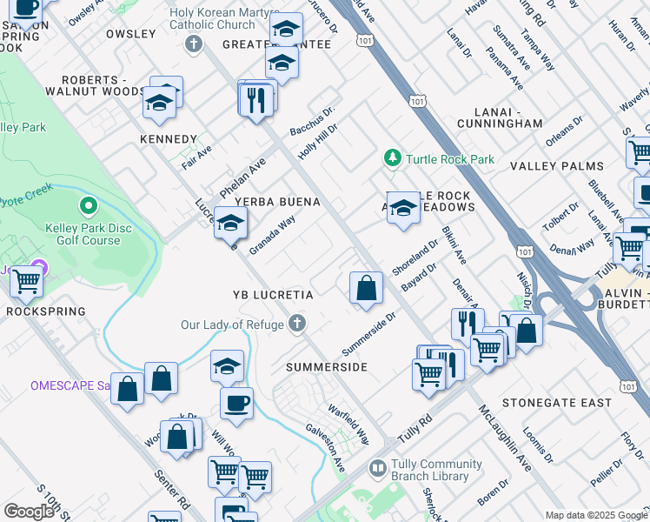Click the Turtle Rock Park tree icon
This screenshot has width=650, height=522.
pos(393,158)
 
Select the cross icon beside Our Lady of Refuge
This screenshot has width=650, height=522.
pos(297,325)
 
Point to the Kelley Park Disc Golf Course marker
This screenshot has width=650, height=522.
pos(87,207)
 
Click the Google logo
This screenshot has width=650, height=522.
pos(29,512)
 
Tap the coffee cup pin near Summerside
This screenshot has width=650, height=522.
pos(236,403)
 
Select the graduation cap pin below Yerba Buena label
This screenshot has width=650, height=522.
pos(230,224)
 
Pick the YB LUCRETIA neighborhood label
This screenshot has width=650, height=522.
pos(272,295)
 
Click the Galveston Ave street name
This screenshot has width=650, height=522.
pos(325,448)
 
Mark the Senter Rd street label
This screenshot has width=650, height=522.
pos(173,489)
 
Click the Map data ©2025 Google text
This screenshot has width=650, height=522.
pos(596,515)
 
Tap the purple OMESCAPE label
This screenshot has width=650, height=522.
pos(69,385)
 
